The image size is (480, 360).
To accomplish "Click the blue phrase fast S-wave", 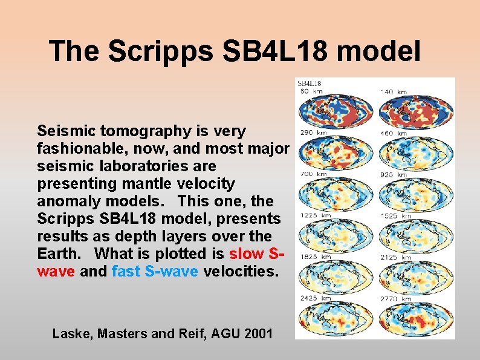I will tap(155, 271).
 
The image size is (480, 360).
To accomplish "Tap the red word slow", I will tap(245, 254).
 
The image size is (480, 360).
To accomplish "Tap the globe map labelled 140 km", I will tap(415, 111).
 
